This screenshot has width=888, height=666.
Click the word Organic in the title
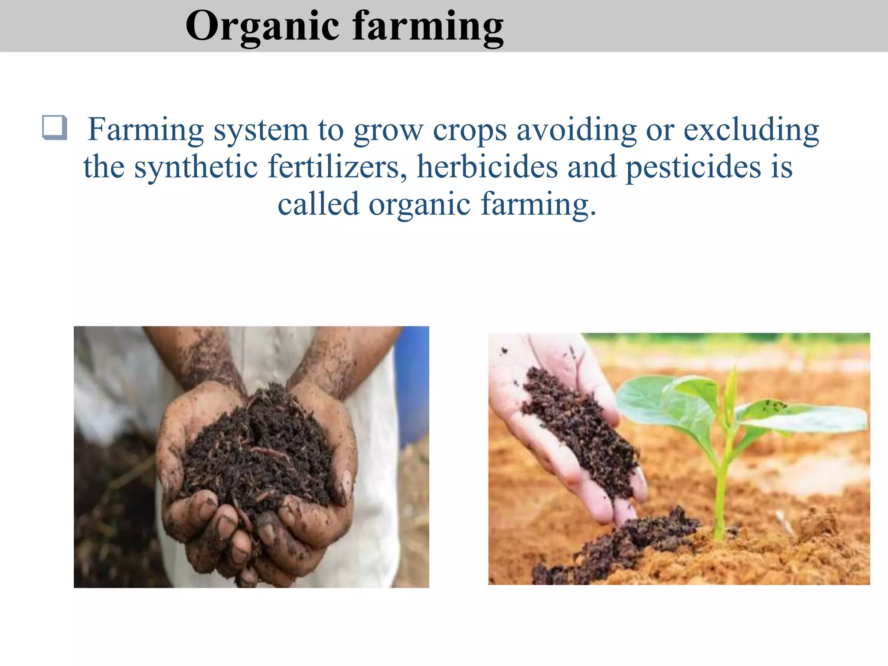(x=262, y=27)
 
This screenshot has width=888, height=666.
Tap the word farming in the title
(x=428, y=27)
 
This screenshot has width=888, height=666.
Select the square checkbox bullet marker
(x=55, y=127)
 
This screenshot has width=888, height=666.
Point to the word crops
(x=470, y=130)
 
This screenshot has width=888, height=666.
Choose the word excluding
(x=751, y=130)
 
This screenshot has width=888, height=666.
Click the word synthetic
(x=196, y=167)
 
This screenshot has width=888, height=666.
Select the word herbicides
(x=487, y=167)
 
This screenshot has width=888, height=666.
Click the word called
(x=318, y=204)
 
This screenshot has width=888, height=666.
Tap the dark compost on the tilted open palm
(x=577, y=429)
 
